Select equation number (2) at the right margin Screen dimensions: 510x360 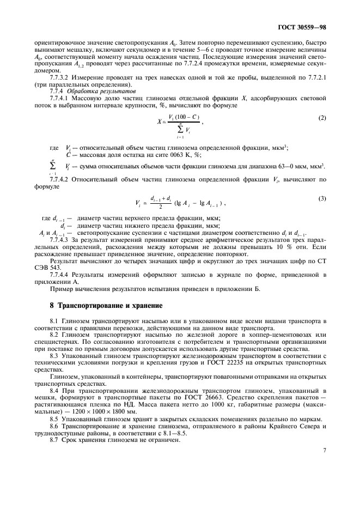click(322, 118)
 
